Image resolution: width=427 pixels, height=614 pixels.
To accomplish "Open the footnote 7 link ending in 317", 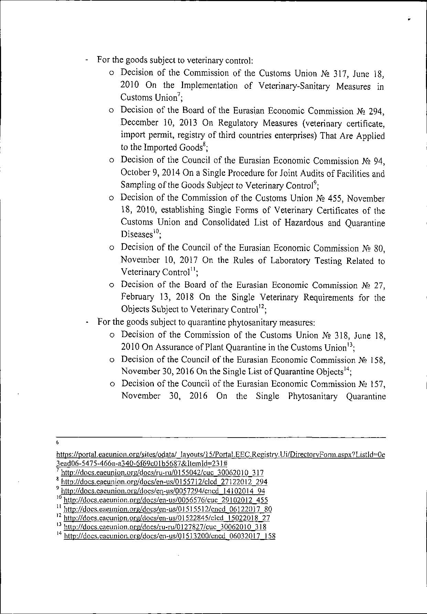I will pos(162,473).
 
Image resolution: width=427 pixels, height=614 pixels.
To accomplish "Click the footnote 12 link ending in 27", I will pos(167,518).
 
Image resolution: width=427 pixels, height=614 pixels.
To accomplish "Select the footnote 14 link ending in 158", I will pos(170,536).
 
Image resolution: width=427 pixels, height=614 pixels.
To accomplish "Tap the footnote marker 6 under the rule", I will pos(57,442).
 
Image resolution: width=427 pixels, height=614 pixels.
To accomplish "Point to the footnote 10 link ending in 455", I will pos(166,500).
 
